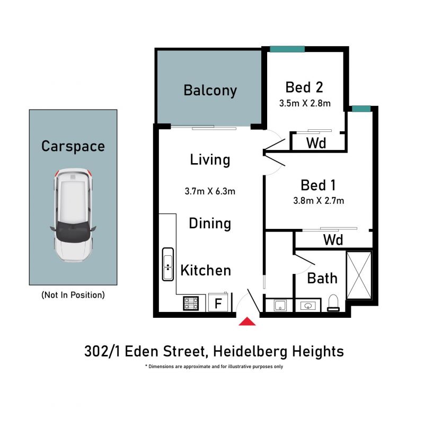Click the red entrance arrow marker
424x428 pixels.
click(247, 322)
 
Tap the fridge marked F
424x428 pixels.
click(218, 302)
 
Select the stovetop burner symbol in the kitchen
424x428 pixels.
click(191, 304)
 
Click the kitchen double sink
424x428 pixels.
click(167, 264)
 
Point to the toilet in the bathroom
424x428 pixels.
click(333, 303)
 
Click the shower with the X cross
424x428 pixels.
click(359, 275)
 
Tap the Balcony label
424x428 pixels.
click(210, 91)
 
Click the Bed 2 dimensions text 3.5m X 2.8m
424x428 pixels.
click(305, 103)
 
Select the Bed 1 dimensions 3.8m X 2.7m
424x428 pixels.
click(319, 201)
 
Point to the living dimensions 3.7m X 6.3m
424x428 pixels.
click(210, 191)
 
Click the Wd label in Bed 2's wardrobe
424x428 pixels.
click(316, 143)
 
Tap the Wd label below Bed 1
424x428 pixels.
click(333, 240)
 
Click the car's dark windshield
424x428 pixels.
click(73, 231)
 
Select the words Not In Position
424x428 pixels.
click(73, 295)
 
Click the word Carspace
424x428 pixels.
click(73, 146)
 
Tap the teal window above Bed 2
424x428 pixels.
click(287, 49)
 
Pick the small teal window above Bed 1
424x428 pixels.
click(361, 109)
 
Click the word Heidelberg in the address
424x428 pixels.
click(250, 351)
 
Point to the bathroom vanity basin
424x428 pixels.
click(308, 306)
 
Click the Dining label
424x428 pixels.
click(210, 224)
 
